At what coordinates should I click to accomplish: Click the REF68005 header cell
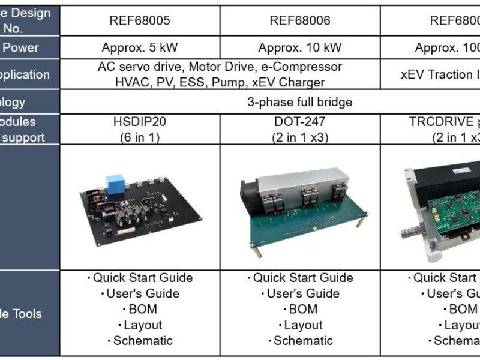pyautogui.click(x=140, y=21)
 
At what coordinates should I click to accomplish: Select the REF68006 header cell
pyautogui.click(x=300, y=21)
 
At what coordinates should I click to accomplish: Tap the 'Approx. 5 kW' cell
pyautogui.click(x=140, y=48)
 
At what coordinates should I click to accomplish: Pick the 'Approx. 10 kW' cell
pyautogui.click(x=300, y=48)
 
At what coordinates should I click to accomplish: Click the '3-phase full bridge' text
pyautogui.click(x=300, y=102)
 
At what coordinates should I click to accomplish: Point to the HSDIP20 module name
pyautogui.click(x=140, y=122)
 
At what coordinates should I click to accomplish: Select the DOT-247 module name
pyautogui.click(x=300, y=122)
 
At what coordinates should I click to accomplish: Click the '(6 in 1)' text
pyautogui.click(x=140, y=137)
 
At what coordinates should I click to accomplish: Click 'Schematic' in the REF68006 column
pyautogui.click(x=303, y=341)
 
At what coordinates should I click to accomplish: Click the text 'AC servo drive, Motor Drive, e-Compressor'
pyautogui.click(x=220, y=67)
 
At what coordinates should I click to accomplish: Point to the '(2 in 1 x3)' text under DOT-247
pyautogui.click(x=300, y=137)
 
